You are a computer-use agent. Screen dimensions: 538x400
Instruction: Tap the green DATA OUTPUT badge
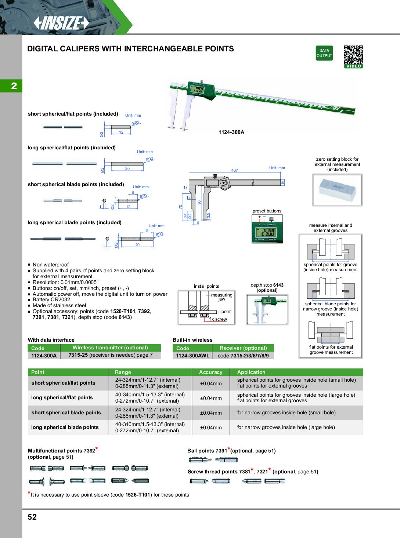(x=324, y=53)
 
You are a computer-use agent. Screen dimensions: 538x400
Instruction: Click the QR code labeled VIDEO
(x=353, y=57)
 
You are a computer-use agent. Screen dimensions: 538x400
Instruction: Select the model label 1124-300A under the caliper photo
(x=231, y=132)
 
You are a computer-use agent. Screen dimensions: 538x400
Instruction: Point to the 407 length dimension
(x=234, y=170)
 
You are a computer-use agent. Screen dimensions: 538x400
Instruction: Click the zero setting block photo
(x=337, y=190)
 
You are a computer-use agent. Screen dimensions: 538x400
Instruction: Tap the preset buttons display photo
(x=267, y=229)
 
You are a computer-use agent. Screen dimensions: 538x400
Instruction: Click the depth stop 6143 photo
(x=267, y=309)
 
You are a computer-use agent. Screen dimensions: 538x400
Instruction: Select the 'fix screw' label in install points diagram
(x=218, y=319)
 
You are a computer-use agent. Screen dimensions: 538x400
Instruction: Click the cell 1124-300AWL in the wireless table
(x=192, y=356)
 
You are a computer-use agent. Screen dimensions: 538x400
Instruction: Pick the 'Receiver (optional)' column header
(x=243, y=348)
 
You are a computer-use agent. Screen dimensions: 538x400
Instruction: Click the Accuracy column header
(x=210, y=372)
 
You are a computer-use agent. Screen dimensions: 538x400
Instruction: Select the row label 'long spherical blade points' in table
(x=65, y=427)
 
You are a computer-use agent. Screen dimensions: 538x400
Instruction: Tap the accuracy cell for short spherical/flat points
(x=210, y=383)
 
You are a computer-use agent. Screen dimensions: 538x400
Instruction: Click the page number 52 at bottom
(x=32, y=517)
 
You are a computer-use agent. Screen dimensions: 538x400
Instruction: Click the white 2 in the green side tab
(x=14, y=86)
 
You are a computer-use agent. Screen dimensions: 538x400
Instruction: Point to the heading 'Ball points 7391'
(x=208, y=451)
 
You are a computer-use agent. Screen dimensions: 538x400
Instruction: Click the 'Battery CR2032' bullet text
(x=51, y=299)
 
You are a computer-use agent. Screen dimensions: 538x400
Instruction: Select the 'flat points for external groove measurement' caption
(x=331, y=350)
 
